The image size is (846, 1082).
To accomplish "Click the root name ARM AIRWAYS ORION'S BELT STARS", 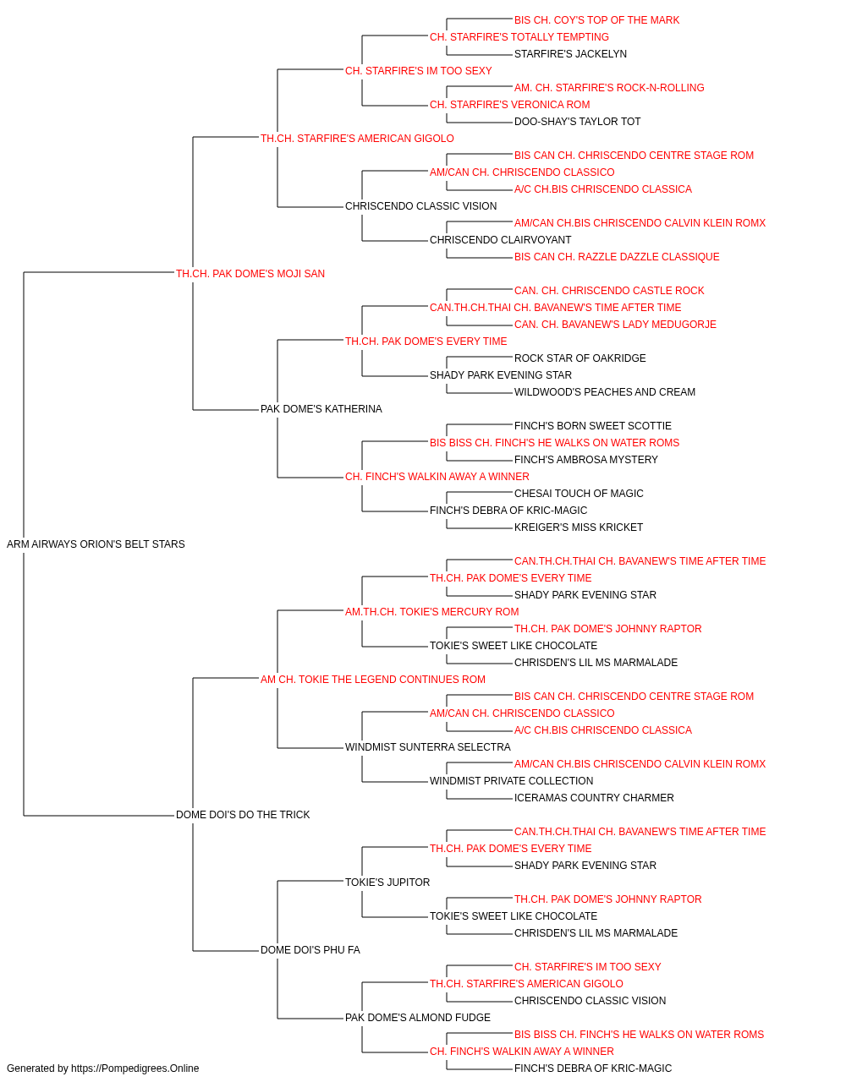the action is (x=96, y=544).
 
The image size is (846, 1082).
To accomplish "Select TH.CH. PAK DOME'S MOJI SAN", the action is (x=250, y=274).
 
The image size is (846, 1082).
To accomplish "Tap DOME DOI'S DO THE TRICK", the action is (x=243, y=815).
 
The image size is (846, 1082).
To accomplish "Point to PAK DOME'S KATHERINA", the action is (x=321, y=409).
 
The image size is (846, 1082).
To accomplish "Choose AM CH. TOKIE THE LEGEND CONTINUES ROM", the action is (x=373, y=680).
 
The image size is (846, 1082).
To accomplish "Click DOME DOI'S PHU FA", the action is (x=310, y=950).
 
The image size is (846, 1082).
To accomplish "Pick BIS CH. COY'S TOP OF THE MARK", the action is (x=596, y=20).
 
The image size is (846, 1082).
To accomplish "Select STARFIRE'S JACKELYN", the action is (x=570, y=54).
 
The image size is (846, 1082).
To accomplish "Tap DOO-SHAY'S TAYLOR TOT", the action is (x=577, y=122).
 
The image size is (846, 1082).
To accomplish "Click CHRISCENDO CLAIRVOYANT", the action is (x=500, y=240).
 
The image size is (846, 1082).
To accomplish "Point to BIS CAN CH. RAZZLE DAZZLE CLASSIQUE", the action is (x=617, y=257).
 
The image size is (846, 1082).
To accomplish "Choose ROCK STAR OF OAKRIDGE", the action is (x=580, y=358).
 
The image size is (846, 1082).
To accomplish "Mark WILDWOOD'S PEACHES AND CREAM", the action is (x=604, y=392).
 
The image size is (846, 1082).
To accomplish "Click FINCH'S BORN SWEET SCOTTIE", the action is (x=592, y=426).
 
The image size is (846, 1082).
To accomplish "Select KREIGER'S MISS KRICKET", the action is (x=579, y=527).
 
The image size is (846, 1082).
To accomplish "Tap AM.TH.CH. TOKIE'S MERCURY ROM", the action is (x=432, y=612).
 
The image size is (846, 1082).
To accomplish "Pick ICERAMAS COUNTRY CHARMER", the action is (x=594, y=798).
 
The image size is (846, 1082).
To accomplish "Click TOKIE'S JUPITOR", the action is (x=387, y=883).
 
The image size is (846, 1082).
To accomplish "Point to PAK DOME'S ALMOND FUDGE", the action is (x=418, y=1018).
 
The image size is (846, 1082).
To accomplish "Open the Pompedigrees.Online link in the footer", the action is (x=135, y=1068).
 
